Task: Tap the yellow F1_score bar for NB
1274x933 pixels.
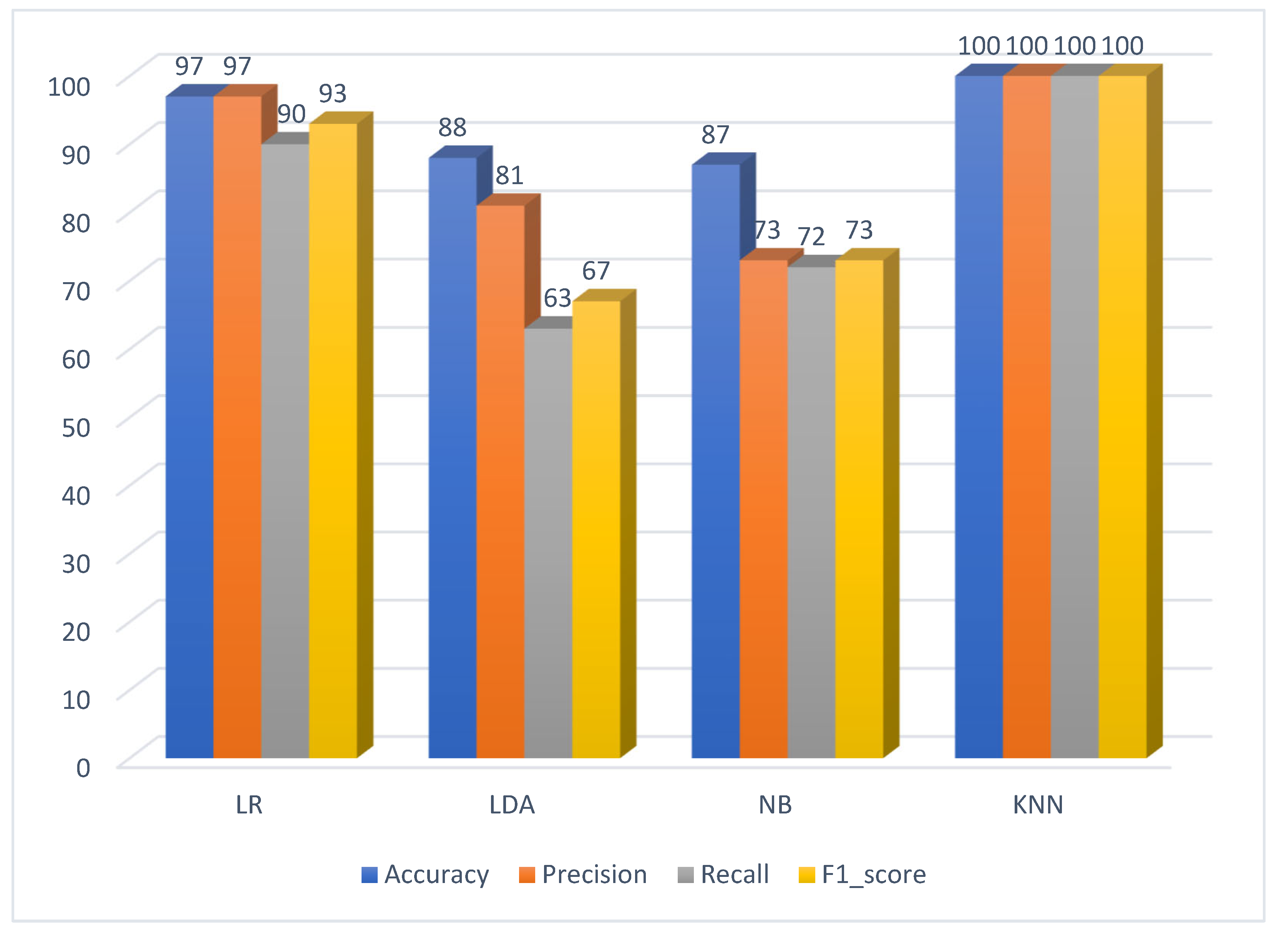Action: pyautogui.click(x=859, y=508)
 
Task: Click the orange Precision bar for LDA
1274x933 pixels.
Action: pyautogui.click(x=500, y=480)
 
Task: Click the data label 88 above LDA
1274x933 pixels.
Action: pyautogui.click(x=452, y=128)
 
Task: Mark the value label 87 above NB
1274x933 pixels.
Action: pyautogui.click(x=715, y=135)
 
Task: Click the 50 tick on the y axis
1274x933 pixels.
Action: pyautogui.click(x=76, y=427)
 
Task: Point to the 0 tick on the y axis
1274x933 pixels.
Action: pyautogui.click(x=83, y=768)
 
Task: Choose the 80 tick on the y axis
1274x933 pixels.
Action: pyautogui.click(x=76, y=223)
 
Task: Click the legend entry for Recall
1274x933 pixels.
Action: pyautogui.click(x=723, y=874)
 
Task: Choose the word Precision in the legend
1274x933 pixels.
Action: pyautogui.click(x=594, y=874)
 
